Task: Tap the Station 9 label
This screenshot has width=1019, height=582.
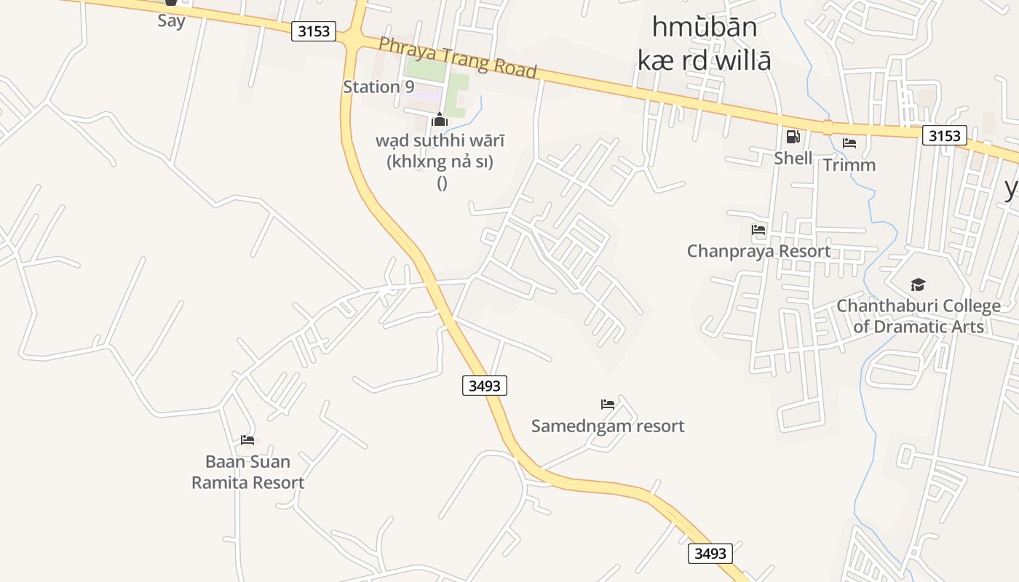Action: (378, 87)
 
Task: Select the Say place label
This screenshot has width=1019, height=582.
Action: (171, 20)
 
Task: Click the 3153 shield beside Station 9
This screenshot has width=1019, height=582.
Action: (314, 31)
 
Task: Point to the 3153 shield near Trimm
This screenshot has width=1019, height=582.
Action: (945, 135)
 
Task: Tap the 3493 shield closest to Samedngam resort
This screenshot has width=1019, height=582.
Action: (485, 386)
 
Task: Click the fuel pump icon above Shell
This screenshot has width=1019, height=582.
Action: (793, 137)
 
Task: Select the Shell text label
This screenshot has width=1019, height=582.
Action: (793, 158)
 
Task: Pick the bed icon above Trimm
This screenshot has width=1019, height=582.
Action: (849, 143)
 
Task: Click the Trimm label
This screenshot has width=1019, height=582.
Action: (849, 165)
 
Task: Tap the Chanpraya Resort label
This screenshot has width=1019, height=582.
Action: (758, 251)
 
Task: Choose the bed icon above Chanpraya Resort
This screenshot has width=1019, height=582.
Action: (758, 231)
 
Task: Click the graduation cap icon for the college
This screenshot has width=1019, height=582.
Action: (918, 284)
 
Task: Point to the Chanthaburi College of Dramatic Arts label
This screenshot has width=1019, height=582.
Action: (919, 316)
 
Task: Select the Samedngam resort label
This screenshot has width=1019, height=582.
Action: (608, 426)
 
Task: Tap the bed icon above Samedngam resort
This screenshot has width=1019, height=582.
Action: (608, 404)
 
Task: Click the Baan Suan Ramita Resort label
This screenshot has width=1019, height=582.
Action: (247, 471)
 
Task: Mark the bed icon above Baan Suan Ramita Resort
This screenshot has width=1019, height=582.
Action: (247, 440)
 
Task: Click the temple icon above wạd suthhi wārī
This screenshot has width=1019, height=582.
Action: (439, 120)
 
